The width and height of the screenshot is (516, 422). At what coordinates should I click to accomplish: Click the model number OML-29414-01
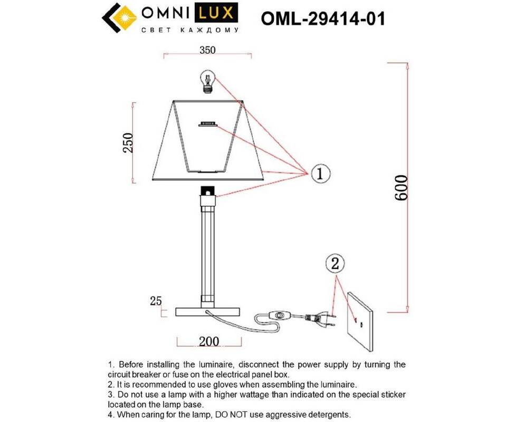[323, 19]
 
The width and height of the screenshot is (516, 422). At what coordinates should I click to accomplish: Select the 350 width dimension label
[207, 50]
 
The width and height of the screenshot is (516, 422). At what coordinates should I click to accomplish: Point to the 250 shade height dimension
[128, 143]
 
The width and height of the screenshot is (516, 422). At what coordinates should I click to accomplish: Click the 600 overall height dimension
[401, 187]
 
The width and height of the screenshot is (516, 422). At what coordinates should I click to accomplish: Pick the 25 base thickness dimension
[156, 301]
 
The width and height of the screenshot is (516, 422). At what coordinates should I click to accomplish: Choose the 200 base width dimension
[208, 341]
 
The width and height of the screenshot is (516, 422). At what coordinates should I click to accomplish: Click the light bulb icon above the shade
[208, 81]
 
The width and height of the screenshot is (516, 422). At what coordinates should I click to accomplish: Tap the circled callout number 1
[320, 174]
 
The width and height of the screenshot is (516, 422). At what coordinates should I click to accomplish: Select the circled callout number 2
[335, 264]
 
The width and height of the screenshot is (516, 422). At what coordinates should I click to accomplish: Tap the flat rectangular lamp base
[208, 312]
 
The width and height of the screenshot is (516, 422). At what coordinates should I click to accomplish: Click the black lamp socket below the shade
[208, 191]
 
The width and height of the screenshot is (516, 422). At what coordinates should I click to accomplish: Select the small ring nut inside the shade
[207, 123]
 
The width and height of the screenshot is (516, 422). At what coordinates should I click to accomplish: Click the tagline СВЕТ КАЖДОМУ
[190, 30]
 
